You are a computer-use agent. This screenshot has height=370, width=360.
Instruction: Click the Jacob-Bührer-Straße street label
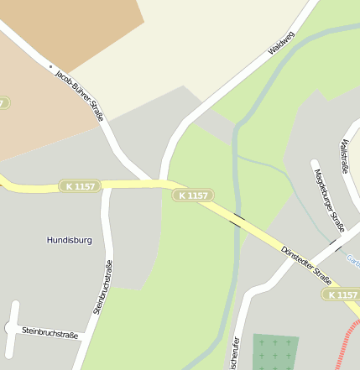(79, 96)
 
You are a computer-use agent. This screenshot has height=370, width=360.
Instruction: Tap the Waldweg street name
(281, 39)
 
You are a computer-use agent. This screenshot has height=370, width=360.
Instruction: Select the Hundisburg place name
(69, 240)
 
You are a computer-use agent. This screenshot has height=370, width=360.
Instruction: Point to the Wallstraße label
(343, 157)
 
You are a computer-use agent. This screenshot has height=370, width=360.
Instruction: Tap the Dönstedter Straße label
(306, 263)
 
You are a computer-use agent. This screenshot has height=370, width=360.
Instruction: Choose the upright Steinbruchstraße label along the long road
(103, 287)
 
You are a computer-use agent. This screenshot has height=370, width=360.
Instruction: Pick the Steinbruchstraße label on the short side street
(50, 333)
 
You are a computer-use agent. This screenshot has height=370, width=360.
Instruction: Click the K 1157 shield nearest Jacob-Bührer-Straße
(80, 185)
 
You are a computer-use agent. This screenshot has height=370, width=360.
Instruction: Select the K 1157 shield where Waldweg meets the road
(192, 195)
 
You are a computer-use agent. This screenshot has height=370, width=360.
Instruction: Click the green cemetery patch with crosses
(275, 352)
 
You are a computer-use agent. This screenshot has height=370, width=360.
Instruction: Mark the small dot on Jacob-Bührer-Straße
(51, 66)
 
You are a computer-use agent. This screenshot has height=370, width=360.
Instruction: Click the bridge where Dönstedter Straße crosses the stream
(237, 220)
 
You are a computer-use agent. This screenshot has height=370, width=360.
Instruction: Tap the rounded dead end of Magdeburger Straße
(315, 163)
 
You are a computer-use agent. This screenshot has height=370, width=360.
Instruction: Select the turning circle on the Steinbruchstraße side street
(12, 305)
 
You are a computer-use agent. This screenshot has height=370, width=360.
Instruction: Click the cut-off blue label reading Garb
(352, 259)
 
